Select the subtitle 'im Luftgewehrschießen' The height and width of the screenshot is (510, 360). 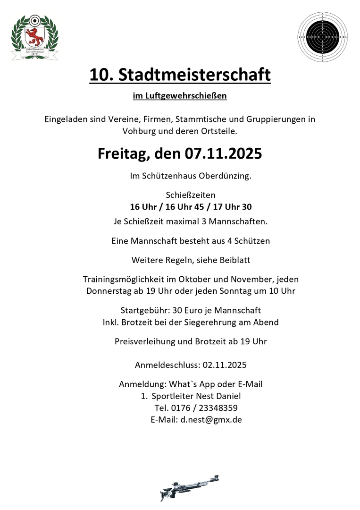(x=180, y=96)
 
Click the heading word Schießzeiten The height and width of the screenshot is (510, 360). (x=191, y=195)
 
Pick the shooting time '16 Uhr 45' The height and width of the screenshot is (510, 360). (x=191, y=206)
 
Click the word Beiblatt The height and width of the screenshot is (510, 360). (x=231, y=259)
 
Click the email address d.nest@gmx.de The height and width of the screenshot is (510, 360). (x=211, y=419)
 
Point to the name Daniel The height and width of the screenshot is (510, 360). (x=234, y=396)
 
